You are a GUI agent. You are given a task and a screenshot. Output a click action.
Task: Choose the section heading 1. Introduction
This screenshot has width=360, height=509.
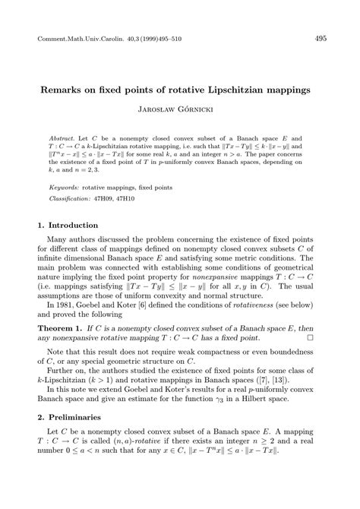(x=68, y=226)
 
